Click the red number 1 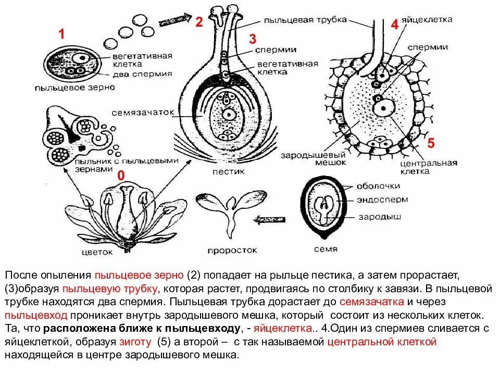61,34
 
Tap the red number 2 199,22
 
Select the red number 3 253,39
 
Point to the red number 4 394,24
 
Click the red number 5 430,143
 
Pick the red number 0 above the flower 121,176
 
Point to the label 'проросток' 225,250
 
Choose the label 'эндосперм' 379,199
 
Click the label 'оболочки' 378,186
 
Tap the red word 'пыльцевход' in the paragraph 31,316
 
